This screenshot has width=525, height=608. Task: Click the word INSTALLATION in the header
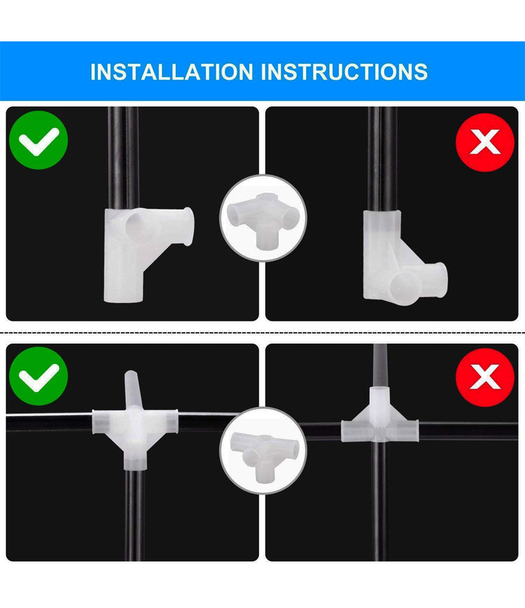(171, 72)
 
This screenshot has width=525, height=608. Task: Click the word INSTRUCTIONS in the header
(345, 72)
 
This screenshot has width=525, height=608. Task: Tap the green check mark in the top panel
(38, 140)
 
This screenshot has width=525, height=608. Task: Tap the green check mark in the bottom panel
(38, 376)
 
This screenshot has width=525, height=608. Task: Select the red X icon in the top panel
(485, 142)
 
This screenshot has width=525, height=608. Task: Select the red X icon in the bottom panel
(485, 378)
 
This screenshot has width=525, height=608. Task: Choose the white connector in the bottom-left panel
(134, 421)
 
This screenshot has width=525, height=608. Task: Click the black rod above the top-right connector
(382, 159)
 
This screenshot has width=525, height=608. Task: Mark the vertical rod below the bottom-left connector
(134, 515)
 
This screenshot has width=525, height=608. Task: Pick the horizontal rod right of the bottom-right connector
(468, 430)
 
